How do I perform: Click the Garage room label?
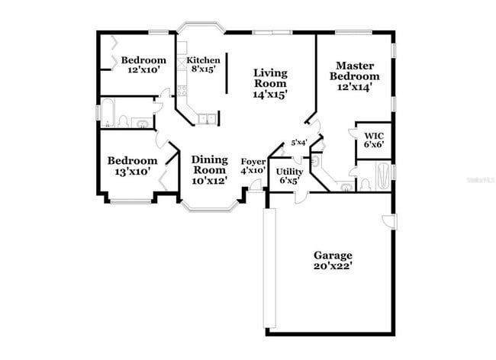[x=333, y=255]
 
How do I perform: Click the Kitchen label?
[x=204, y=60]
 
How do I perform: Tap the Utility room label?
[x=290, y=172]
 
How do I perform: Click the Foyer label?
[x=253, y=162]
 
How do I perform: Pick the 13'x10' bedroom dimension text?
[x=132, y=172]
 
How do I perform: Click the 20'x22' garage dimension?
[x=333, y=266]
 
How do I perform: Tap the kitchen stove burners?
[x=182, y=90]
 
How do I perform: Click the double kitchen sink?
[x=207, y=117]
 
